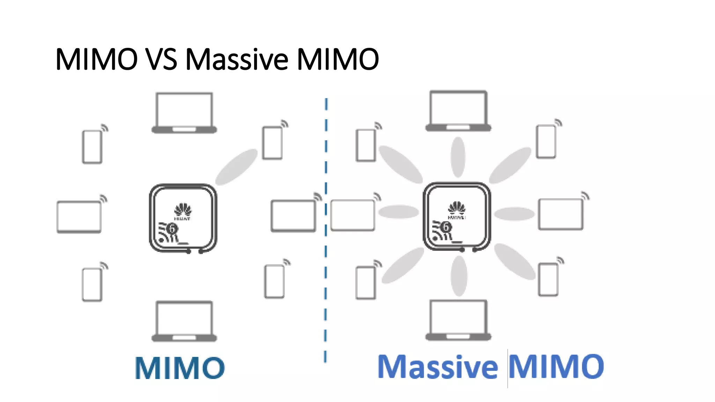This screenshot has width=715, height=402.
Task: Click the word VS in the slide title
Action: [161, 59]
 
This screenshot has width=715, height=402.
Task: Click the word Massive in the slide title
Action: [237, 59]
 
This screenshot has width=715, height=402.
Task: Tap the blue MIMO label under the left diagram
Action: [180, 368]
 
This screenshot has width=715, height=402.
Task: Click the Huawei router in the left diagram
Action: [183, 218]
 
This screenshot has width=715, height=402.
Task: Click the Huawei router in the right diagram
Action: [457, 216]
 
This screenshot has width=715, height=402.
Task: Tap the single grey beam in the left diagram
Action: [236, 166]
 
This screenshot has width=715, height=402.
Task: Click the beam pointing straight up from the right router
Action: [458, 157]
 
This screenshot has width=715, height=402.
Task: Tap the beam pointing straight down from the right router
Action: [459, 276]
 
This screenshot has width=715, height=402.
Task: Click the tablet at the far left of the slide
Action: [79, 216]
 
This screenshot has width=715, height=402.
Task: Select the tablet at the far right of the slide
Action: [561, 214]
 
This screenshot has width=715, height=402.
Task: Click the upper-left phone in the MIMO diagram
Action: [92, 147]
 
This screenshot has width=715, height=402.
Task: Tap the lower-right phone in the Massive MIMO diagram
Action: [548, 280]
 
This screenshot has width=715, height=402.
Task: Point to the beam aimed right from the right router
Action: [514, 214]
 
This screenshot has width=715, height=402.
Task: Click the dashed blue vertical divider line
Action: [326, 230]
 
